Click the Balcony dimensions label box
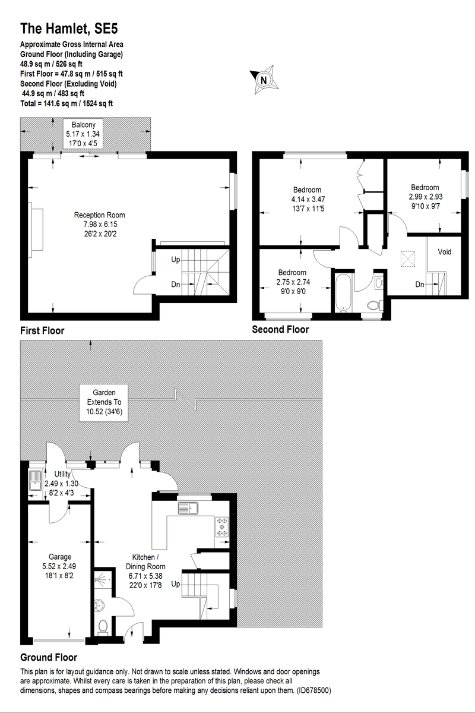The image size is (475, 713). pos(84,134)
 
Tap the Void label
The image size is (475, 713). pos(445,252)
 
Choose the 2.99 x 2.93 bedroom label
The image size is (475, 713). pos(425,195)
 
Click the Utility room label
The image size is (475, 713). pos(62,482)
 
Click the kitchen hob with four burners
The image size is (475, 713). pos(222,527)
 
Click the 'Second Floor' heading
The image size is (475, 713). pos(280,330)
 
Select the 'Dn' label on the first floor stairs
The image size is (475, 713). pos(175,285)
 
